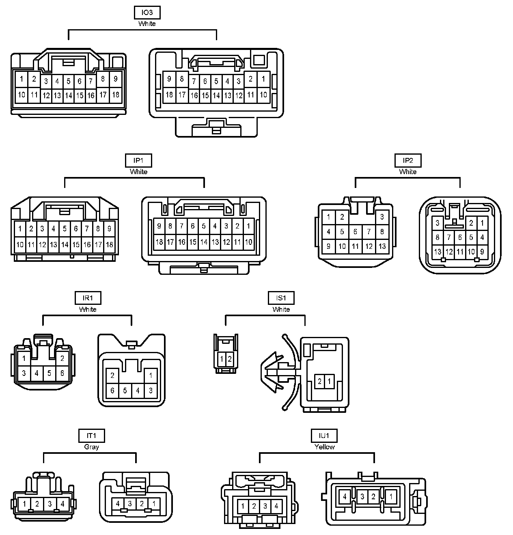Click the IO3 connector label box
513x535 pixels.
point(147,13)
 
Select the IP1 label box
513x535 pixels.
point(138,161)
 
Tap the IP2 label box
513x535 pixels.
point(407,161)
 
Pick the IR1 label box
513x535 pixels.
point(88,298)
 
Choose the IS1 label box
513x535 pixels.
point(281,298)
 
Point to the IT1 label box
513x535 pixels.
point(91,436)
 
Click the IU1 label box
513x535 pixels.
point(324,436)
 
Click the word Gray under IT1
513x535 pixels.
point(91,447)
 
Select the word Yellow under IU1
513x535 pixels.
point(324,447)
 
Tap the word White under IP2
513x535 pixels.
point(407,172)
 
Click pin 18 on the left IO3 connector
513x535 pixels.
point(116,95)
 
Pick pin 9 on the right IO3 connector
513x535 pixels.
point(169,79)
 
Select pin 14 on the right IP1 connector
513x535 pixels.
point(204,242)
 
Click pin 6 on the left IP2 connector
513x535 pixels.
point(355,232)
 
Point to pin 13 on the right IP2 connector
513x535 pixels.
point(438,252)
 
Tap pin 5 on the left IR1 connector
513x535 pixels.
point(50,373)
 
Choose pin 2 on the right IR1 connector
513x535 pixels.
point(112,375)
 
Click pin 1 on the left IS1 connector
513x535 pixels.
point(222,359)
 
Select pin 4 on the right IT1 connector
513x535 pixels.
point(118,504)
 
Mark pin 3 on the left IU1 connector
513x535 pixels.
point(265,506)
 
